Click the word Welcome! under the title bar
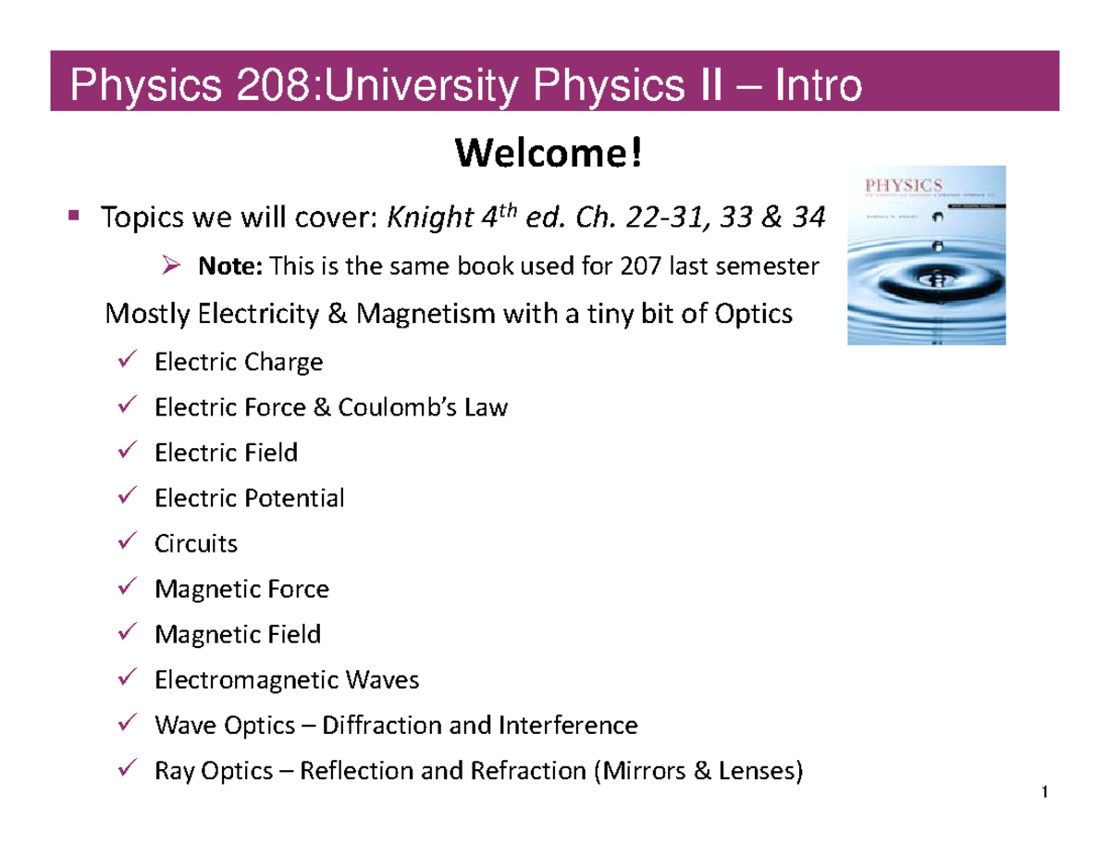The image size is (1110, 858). click(x=547, y=154)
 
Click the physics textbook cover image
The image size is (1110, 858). click(x=927, y=255)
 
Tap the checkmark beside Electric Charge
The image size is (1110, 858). click(x=130, y=359)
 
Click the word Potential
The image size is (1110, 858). click(x=295, y=498)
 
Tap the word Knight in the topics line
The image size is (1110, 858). click(x=417, y=219)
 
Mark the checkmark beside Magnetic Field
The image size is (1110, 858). click(x=130, y=633)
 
